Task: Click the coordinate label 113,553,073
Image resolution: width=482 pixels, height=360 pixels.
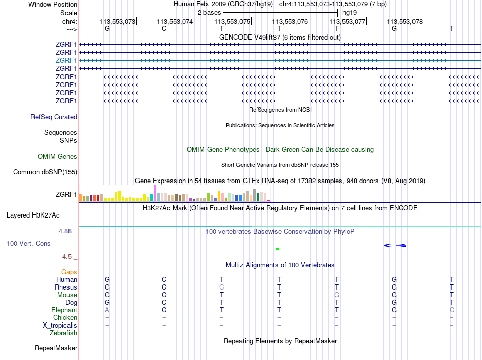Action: click(118, 21)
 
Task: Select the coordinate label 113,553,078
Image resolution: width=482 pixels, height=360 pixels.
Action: click(404, 21)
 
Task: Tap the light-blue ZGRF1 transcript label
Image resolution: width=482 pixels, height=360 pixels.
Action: click(66, 60)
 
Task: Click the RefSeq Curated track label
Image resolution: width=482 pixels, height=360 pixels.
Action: click(54, 117)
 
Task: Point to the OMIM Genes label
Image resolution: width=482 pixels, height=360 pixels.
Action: click(57, 156)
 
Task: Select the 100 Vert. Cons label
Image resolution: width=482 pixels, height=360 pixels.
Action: click(28, 243)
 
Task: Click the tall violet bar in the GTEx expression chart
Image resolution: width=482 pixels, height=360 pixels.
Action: click(155, 193)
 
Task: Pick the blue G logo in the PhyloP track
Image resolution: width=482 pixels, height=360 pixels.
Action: click(395, 246)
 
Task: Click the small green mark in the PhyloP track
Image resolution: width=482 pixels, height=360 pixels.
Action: click(278, 249)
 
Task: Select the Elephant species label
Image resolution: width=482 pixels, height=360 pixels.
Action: click(64, 310)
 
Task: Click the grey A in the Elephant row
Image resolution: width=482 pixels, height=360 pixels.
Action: click(107, 310)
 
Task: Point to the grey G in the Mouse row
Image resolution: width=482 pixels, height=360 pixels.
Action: click(336, 295)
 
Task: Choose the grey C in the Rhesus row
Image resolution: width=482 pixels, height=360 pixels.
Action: click(221, 287)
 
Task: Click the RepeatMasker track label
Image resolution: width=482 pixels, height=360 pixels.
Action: click(56, 348)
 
